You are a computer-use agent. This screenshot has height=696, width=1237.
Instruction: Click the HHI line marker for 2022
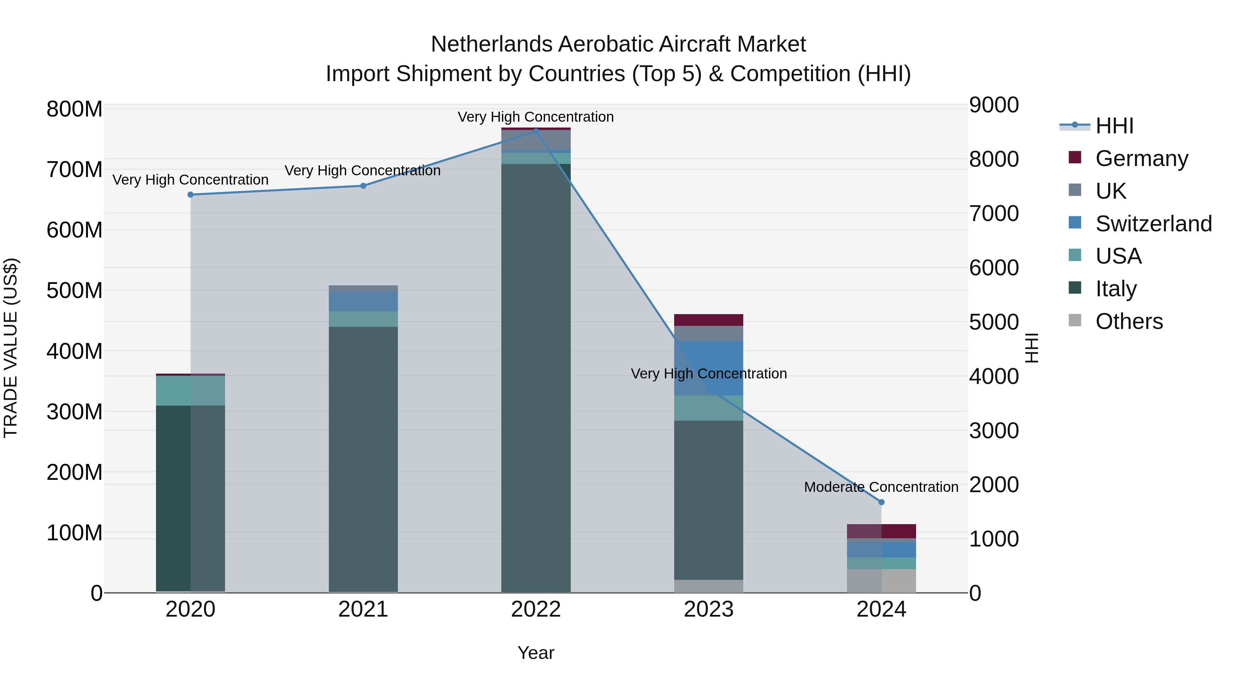pos(536,131)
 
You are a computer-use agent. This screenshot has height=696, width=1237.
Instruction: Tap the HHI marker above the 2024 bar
pos(881,502)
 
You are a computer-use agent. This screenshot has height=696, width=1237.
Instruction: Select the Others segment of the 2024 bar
pos(881,581)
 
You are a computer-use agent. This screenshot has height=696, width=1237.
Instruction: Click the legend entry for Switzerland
pos(1154,224)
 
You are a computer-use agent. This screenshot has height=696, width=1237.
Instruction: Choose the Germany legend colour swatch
pos(1075,157)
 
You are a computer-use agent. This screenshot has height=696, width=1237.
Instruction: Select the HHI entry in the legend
pos(1114,126)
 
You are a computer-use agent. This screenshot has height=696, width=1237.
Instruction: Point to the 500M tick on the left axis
pos(75,290)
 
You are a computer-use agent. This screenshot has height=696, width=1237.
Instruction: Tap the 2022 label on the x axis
pos(536,609)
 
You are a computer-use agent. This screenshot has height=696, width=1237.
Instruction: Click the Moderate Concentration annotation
pos(881,487)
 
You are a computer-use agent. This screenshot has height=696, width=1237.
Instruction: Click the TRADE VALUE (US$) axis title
pos(11,348)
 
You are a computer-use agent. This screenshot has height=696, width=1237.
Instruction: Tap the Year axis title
pos(536,653)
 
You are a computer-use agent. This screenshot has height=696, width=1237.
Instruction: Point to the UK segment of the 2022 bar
pos(536,140)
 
